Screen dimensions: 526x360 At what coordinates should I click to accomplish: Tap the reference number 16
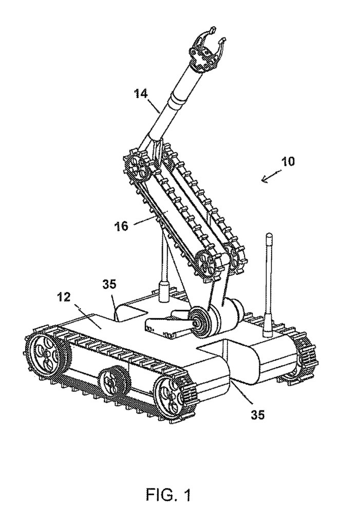(121, 226)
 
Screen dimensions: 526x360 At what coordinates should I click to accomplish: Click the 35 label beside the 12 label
(109, 284)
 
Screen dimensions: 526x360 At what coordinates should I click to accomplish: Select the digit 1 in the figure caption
(186, 495)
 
